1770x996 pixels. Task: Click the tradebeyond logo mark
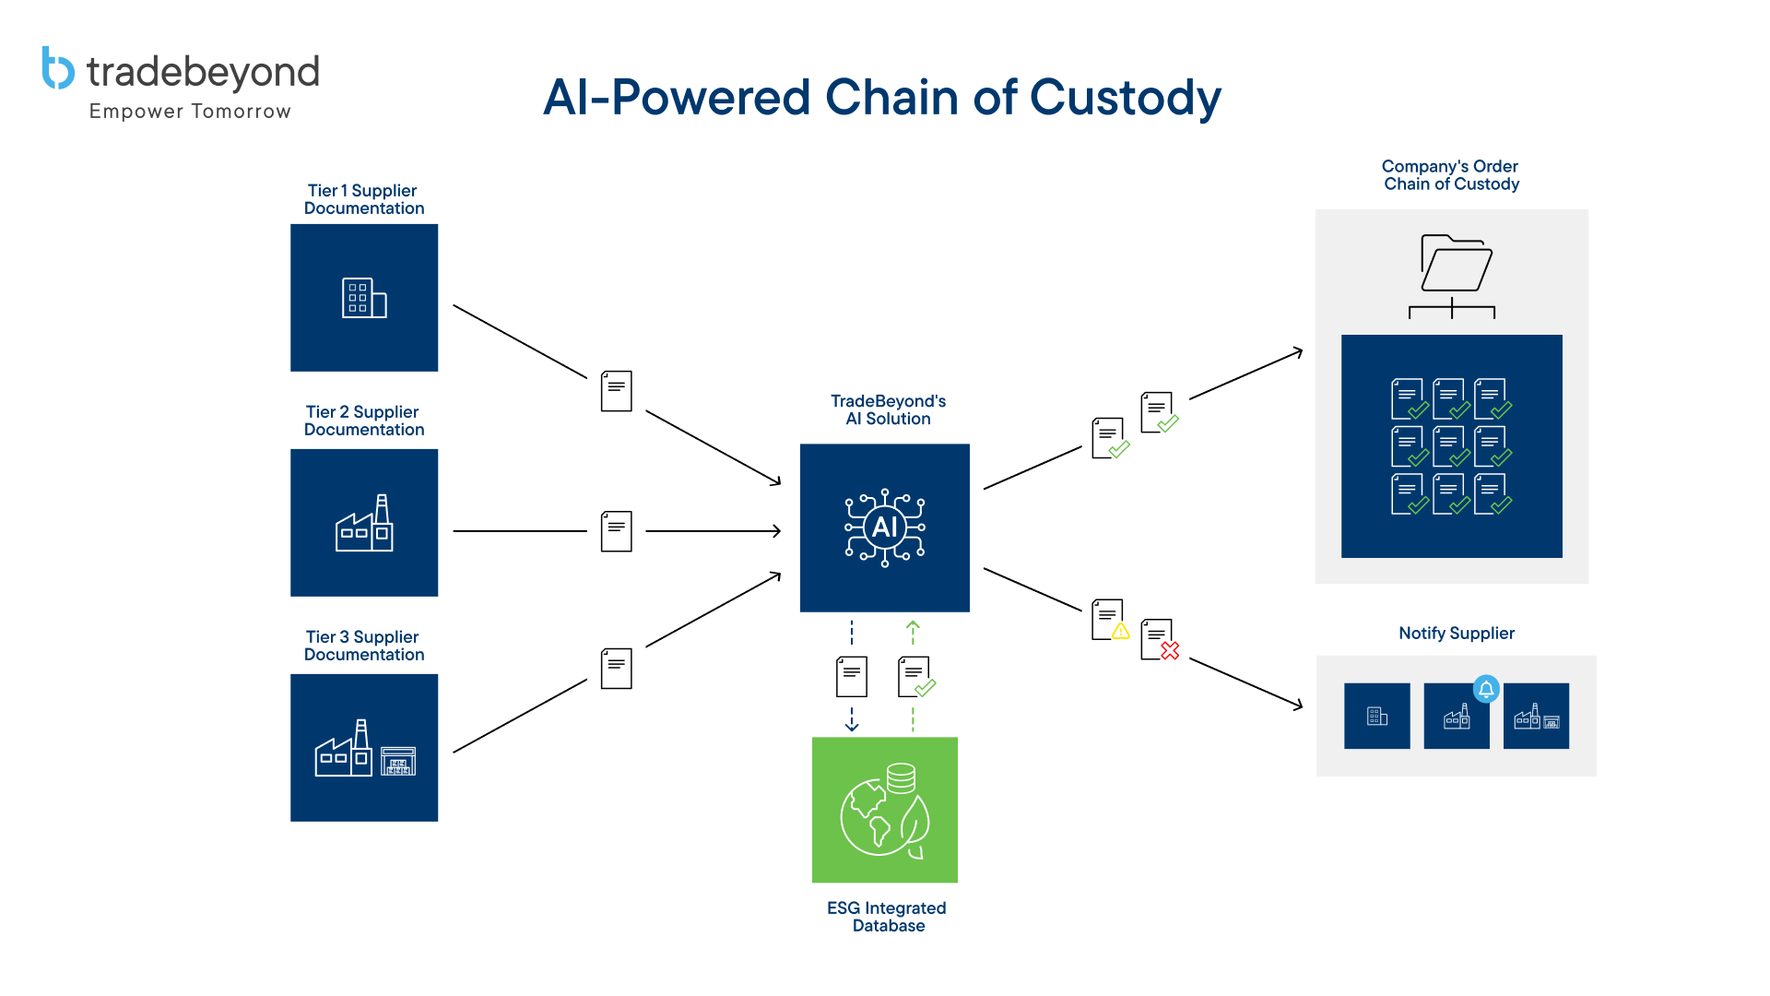57,69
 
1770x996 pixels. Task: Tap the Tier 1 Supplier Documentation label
363,199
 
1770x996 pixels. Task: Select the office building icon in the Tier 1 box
363,298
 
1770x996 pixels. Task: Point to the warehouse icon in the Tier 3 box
398,760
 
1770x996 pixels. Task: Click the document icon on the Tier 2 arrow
616,531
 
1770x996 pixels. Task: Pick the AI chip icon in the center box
884,528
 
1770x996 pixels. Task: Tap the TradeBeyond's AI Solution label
888,409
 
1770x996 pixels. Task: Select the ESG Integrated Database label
886,917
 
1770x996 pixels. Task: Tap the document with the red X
1159,639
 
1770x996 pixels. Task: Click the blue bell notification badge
1485,689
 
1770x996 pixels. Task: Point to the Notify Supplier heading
1456,633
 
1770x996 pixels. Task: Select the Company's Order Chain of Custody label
1450,175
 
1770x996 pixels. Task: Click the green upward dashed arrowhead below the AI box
913,627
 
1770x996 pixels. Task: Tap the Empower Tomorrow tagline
190,112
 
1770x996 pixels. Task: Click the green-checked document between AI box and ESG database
916,677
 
